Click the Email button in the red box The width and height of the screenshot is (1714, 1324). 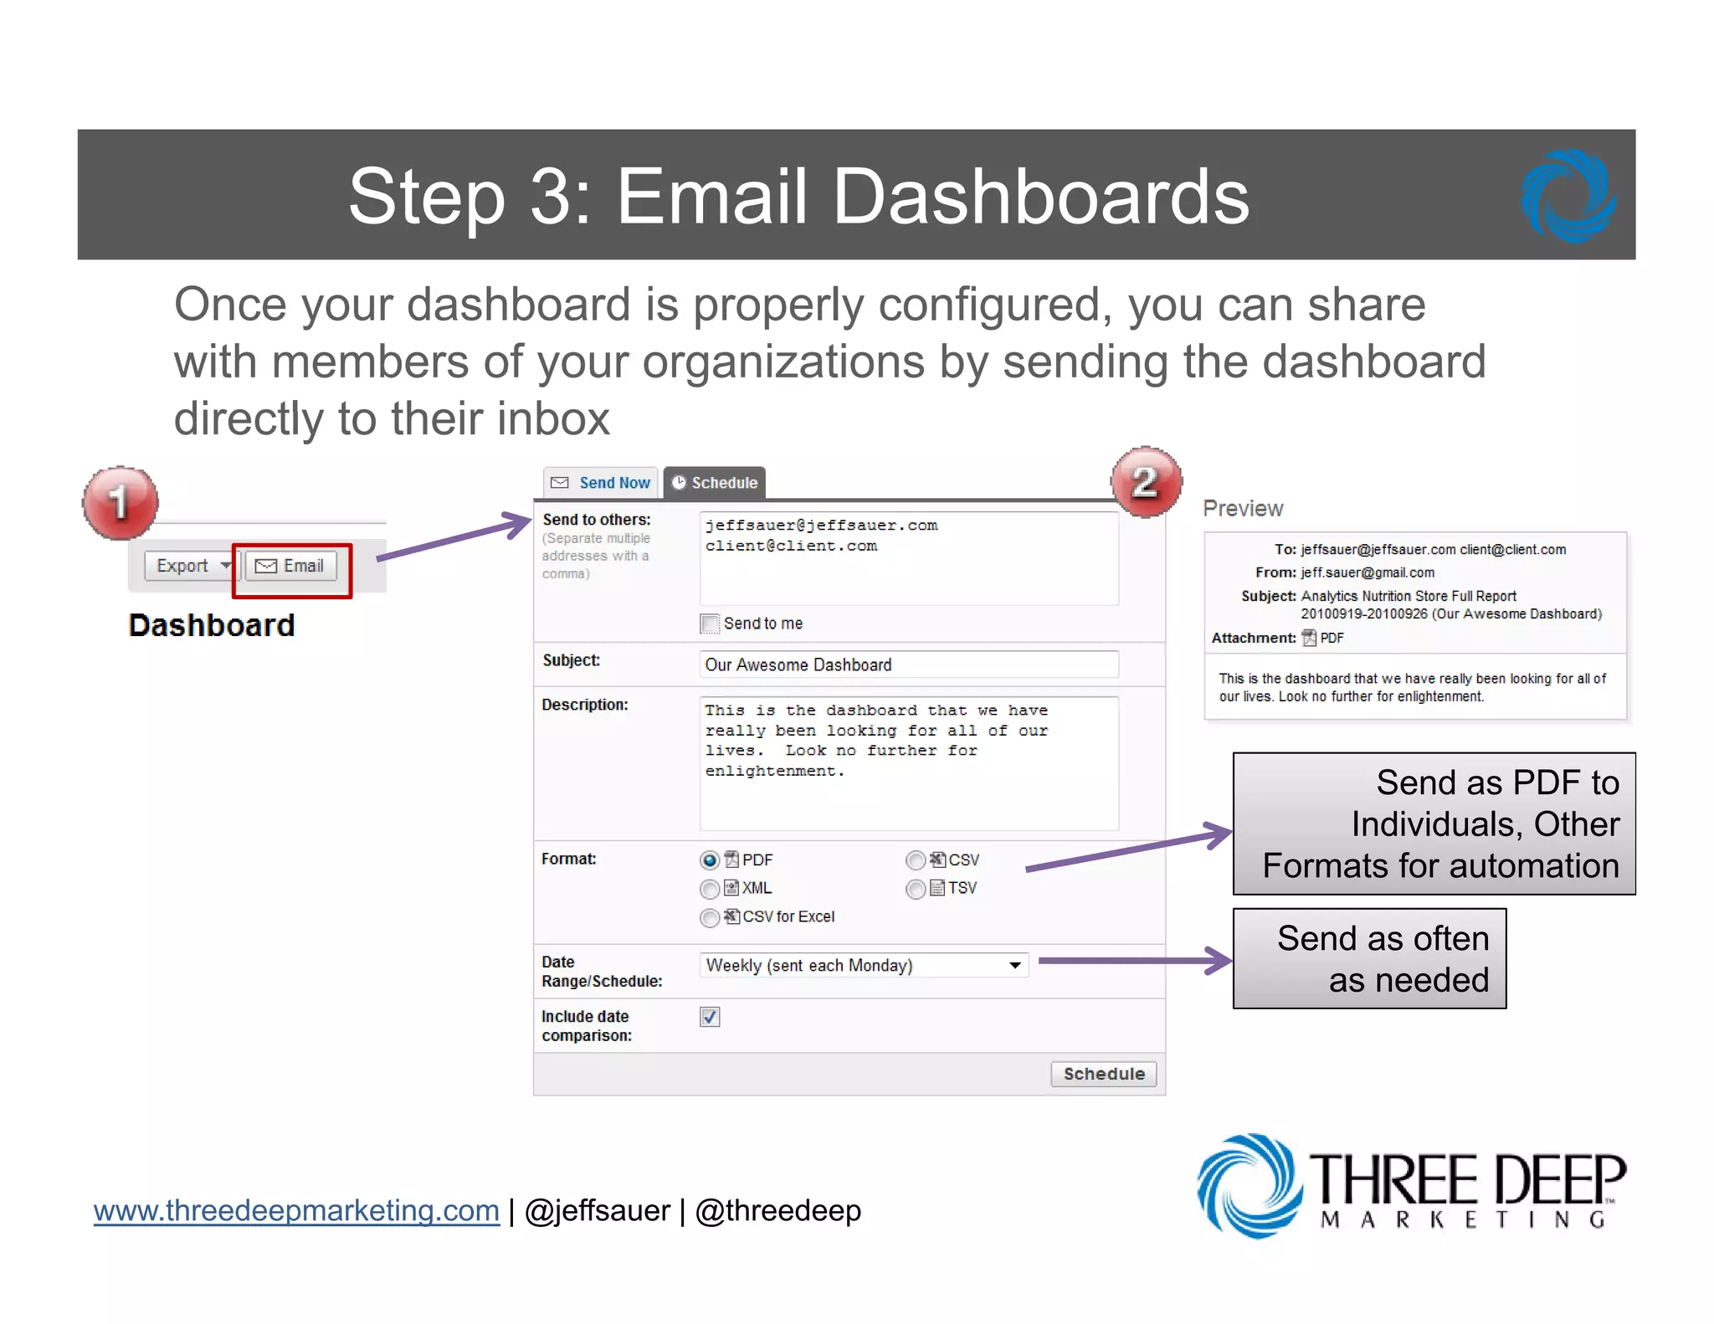pos(290,567)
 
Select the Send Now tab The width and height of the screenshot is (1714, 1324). pos(601,483)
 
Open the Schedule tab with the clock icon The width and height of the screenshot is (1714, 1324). pos(715,483)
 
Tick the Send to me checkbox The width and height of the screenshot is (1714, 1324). pos(710,624)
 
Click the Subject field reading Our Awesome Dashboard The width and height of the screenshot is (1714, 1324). pos(908,665)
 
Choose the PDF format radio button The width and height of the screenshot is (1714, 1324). pos(710,860)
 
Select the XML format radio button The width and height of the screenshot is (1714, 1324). pos(710,889)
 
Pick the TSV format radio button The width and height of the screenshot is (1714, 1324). pos(916,889)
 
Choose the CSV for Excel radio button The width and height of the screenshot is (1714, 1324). pos(710,918)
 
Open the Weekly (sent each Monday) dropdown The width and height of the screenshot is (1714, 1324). pos(864,965)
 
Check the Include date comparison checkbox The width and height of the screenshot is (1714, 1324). pos(710,1017)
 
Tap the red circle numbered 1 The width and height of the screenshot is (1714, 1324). pos(121,502)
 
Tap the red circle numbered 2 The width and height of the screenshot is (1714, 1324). pos(1146,482)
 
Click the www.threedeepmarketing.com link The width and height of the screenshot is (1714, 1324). pos(296,1211)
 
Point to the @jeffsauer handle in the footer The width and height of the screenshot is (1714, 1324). pos(598,1211)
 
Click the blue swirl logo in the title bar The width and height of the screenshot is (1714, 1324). pos(1568,196)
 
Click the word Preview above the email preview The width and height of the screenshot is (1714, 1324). pos(1243,509)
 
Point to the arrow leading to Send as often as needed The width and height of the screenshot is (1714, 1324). pos(1134,961)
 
